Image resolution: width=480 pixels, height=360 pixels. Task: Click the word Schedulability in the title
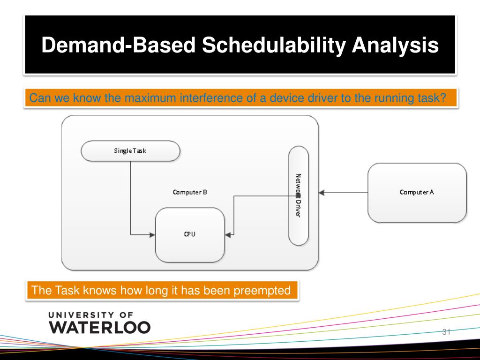point(274,45)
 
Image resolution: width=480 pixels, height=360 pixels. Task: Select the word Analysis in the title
point(395,45)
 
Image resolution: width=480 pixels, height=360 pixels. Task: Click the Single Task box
point(130,151)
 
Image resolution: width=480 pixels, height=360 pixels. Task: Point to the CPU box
point(190,235)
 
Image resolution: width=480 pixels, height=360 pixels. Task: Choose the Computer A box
point(417,193)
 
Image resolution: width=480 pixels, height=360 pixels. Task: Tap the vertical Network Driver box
point(299,195)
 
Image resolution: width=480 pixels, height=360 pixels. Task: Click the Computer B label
point(190,192)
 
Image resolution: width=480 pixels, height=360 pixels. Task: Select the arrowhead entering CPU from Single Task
point(152,235)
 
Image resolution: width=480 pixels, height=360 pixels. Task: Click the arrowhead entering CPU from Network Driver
point(228,235)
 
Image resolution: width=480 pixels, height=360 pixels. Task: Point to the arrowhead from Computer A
point(322,193)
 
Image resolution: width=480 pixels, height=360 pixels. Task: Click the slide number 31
point(446,332)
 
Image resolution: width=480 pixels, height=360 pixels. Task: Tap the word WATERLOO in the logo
point(99,327)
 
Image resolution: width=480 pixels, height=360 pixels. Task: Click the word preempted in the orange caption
point(262,291)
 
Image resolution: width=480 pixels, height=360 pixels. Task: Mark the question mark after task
point(442,98)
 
